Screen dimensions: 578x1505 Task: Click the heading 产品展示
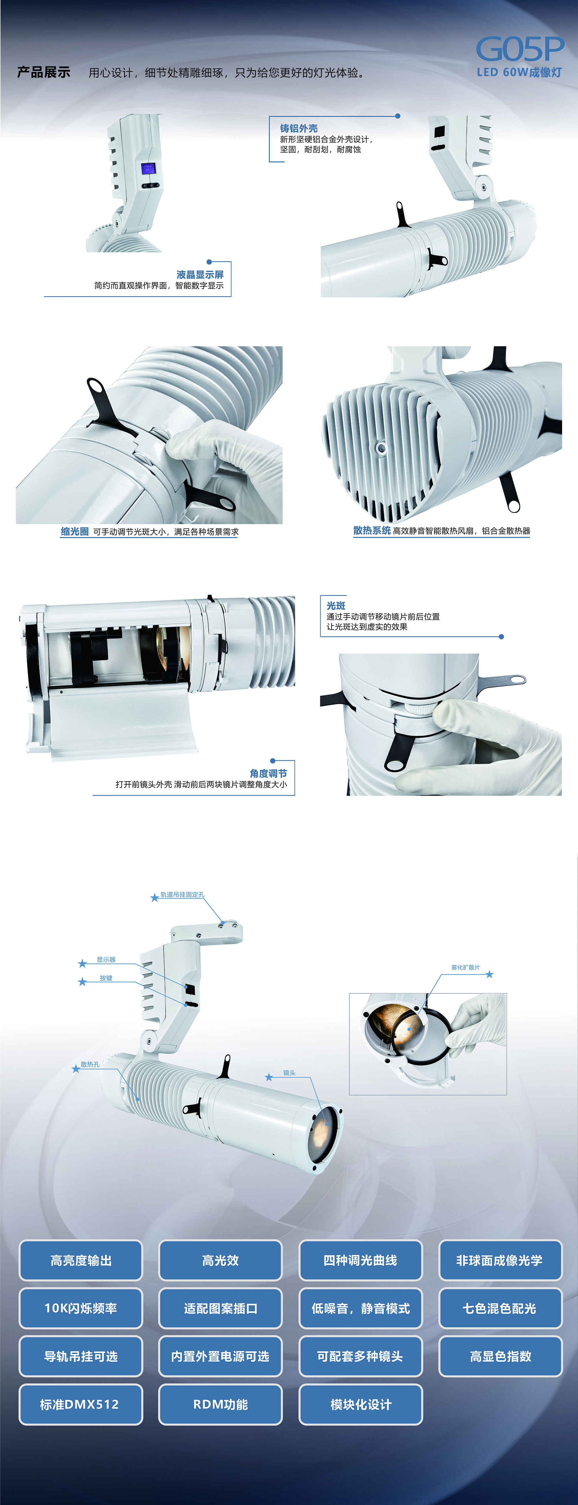(x=44, y=73)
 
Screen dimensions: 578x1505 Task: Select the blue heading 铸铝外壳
(x=299, y=128)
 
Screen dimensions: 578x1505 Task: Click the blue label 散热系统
(x=372, y=531)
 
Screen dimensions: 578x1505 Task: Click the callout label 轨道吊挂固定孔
(x=182, y=894)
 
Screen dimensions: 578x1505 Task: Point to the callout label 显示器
(x=106, y=959)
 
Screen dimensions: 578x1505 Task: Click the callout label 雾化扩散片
(x=465, y=968)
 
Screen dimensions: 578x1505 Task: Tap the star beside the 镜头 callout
(x=269, y=1077)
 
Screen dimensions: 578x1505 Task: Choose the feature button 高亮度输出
(x=81, y=1260)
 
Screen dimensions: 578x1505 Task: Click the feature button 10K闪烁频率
(x=81, y=1308)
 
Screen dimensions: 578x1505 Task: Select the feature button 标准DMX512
(x=81, y=1404)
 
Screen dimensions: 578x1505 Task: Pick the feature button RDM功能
(x=220, y=1404)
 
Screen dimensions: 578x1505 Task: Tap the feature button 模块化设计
(x=361, y=1404)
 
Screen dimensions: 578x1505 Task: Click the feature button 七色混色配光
(x=500, y=1308)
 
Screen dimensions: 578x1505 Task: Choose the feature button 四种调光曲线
(x=361, y=1260)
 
